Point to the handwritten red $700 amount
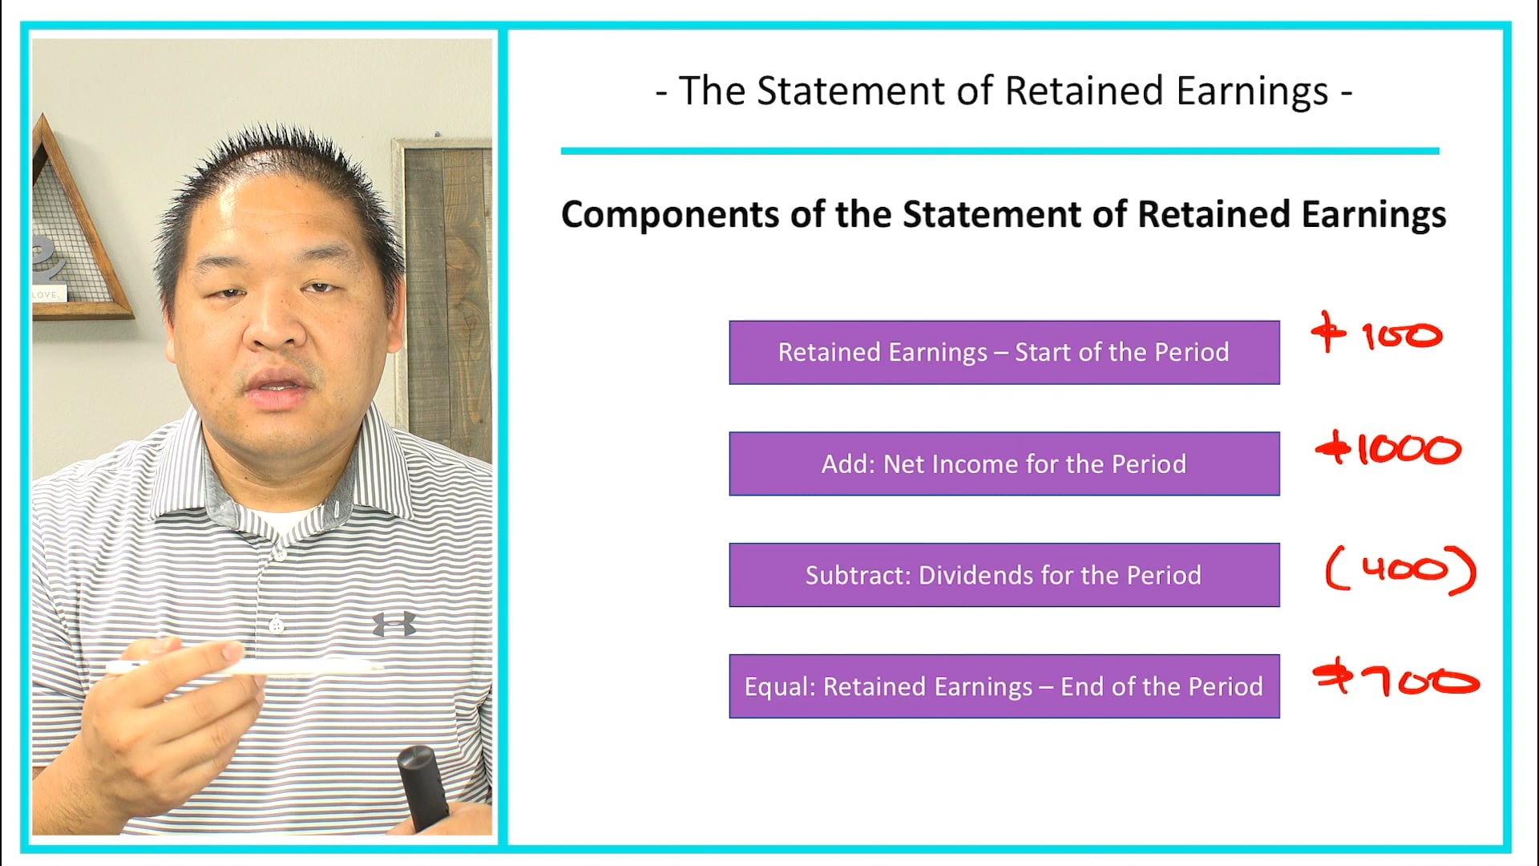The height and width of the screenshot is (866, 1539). [1396, 681]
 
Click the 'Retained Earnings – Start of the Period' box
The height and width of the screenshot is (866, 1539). [1004, 353]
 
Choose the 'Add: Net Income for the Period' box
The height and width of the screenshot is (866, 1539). [1004, 464]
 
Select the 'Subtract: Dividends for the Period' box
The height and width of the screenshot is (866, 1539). [1004, 575]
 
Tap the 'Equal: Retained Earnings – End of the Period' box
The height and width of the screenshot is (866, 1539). [1004, 686]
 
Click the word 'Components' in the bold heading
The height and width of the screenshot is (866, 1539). [669, 216]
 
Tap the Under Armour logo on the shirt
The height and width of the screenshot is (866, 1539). [394, 623]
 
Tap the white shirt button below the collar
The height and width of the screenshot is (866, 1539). [278, 553]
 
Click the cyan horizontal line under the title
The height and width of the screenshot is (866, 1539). [1000, 151]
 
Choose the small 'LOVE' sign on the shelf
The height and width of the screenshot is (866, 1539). [46, 295]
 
